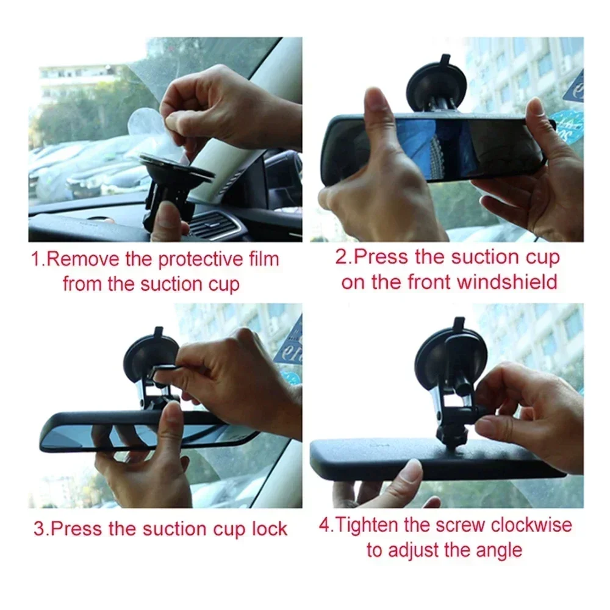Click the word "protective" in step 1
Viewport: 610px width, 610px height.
(x=201, y=259)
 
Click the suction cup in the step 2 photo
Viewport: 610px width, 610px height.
(x=437, y=79)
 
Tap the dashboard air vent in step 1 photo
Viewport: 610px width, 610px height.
(x=213, y=226)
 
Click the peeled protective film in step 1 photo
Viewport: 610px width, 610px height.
(x=149, y=131)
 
